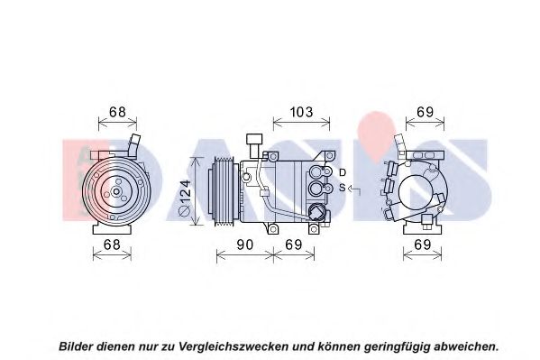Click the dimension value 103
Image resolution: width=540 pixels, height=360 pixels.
pos(301,112)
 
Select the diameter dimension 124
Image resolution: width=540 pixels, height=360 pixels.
pos(186,198)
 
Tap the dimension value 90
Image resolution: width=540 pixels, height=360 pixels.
pos(245,245)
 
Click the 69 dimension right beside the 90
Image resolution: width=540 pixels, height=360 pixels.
pos(293,245)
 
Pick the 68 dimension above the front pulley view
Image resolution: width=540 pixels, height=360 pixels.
pos(117,112)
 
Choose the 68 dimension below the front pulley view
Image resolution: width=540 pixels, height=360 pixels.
pos(112,245)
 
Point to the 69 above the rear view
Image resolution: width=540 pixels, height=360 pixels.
pos(425,112)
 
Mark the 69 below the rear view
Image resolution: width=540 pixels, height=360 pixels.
pos(423,245)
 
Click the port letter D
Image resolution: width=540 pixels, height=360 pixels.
pos(342,172)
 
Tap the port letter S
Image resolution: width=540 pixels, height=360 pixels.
pos(342,188)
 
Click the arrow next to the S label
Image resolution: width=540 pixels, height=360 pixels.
pos(354,189)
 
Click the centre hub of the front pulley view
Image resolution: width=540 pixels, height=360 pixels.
pos(116,191)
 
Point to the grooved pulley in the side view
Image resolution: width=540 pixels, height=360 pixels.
pos(224,191)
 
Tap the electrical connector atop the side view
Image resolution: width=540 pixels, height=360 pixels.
pos(254,145)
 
